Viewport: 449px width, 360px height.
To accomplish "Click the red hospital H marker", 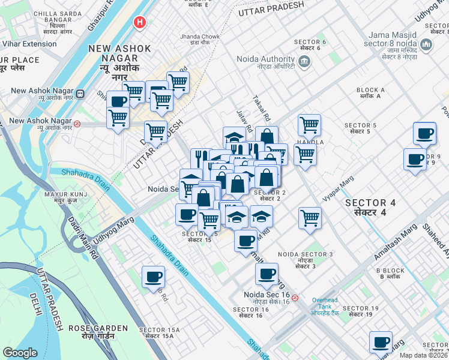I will pyautogui.click(x=140, y=23).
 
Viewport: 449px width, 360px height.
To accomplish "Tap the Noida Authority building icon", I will pyautogui.click(x=304, y=61).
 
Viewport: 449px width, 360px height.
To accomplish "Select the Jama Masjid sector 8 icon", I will pyautogui.click(x=426, y=45).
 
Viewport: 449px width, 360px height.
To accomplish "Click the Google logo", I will pyautogui.click(x=20, y=353).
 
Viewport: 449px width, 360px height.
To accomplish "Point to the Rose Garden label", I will pyautogui.click(x=98, y=332).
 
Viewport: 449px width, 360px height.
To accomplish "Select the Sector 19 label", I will pyautogui.click(x=363, y=311).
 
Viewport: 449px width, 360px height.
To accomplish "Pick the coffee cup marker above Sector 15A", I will pyautogui.click(x=153, y=277).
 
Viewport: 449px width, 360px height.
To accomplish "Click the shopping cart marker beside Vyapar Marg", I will pyautogui.click(x=310, y=218).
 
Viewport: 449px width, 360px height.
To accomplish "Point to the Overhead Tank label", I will pyautogui.click(x=325, y=307).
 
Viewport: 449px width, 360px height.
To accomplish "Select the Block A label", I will pyautogui.click(x=370, y=93).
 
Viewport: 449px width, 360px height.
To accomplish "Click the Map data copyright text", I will pyautogui.click(x=424, y=355).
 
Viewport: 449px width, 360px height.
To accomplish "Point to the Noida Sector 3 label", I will pyautogui.click(x=306, y=258).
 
